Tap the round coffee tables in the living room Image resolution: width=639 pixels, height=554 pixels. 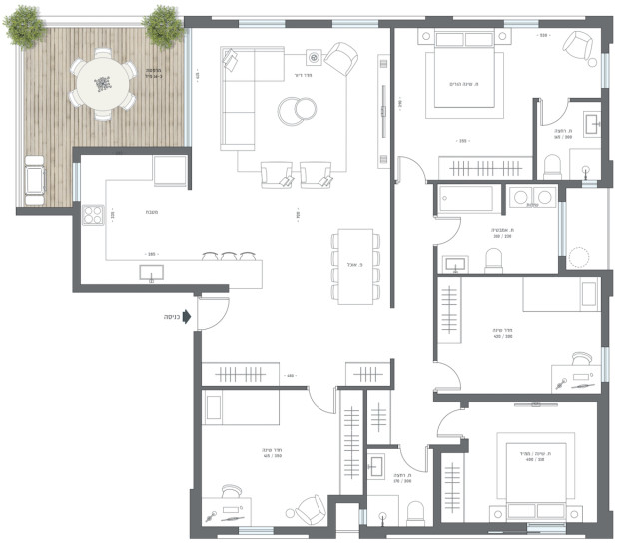click(x=296, y=110)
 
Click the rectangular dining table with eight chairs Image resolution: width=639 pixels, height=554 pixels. click(x=356, y=266)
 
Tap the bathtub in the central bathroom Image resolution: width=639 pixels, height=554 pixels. click(x=470, y=199)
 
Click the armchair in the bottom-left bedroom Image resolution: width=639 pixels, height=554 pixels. click(x=309, y=510)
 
